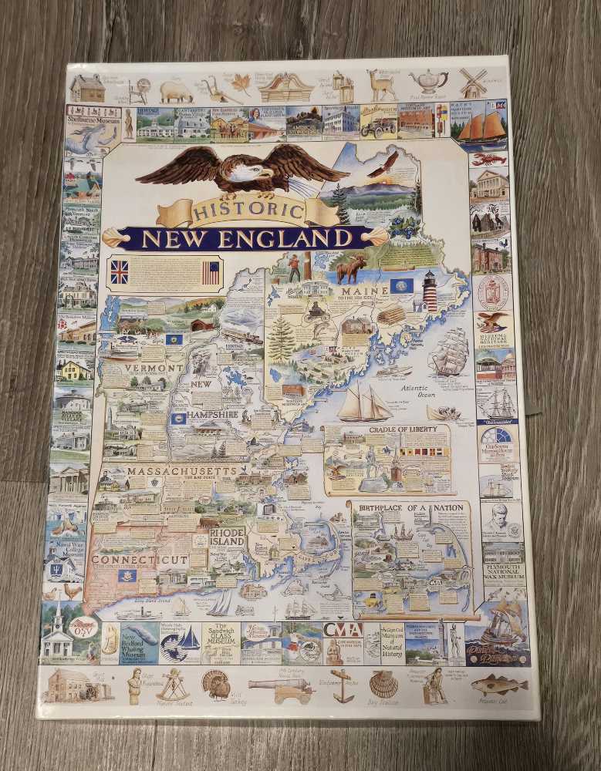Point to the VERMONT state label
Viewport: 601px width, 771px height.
(143, 369)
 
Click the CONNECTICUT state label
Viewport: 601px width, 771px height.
(138, 559)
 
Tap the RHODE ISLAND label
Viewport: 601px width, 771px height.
(227, 536)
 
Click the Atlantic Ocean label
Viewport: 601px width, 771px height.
(417, 390)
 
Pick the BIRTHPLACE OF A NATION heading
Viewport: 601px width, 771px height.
(410, 507)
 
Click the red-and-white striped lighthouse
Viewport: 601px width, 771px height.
(429, 291)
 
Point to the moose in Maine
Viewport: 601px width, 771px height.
(353, 269)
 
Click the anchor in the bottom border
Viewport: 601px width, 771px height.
(342, 685)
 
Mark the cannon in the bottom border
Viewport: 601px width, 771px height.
(281, 687)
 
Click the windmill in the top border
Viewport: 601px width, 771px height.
(472, 82)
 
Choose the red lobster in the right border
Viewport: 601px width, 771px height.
(488, 160)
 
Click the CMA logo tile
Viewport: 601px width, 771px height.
(342, 630)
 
